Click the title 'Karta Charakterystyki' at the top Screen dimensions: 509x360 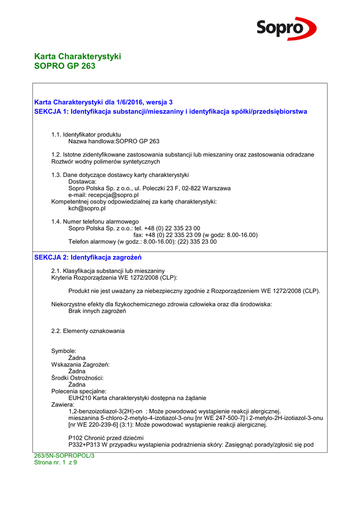78,56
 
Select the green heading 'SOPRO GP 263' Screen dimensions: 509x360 65,66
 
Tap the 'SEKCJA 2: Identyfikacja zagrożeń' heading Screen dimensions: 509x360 88,257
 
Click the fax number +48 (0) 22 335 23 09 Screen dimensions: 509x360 178,235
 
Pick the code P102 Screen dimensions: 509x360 76,437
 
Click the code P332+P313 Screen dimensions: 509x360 85,444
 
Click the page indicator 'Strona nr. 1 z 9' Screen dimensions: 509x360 55,462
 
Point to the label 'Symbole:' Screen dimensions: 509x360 64,351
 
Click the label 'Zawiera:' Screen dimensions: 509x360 63,405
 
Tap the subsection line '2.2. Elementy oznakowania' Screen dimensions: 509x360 88,331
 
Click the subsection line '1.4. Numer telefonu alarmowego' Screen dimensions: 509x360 95,221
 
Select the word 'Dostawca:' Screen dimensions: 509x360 82,182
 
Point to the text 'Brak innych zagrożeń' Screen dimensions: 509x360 97,311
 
